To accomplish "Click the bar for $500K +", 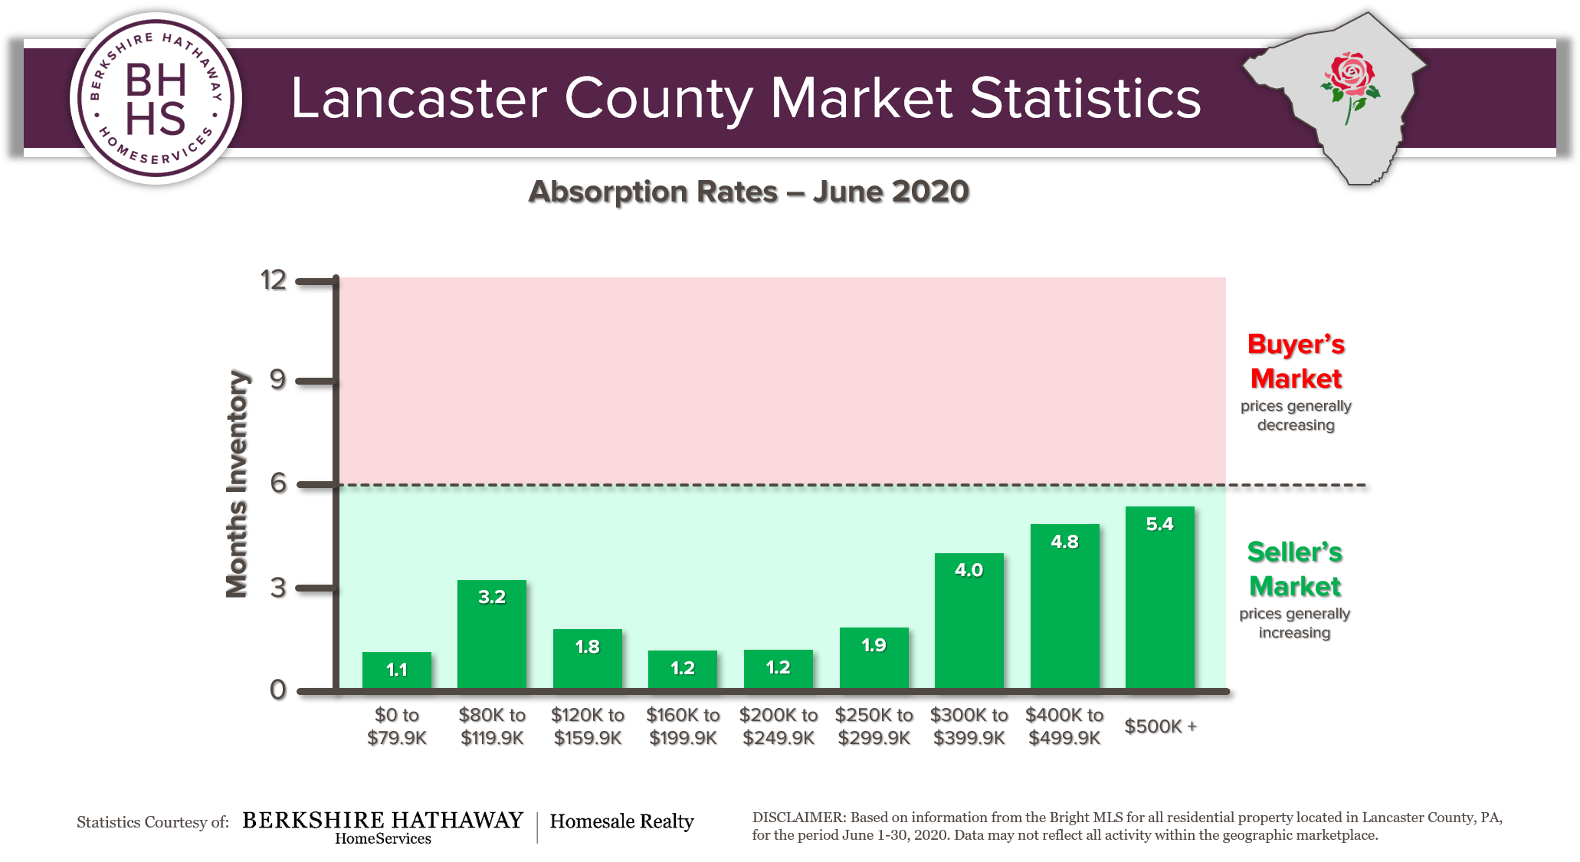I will pos(1159,605).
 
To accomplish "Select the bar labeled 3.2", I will pos(491,640).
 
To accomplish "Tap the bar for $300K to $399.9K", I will pos(969,624).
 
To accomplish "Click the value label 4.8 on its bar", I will pos(1064,542).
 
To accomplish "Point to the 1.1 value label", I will pos(396,670).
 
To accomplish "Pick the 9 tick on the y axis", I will pos(277,380).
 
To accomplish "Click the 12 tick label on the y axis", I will pos(274,280).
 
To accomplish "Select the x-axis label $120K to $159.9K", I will pos(587,726).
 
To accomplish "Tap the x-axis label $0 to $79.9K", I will pos(396,726).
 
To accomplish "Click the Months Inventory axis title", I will pos(238,484).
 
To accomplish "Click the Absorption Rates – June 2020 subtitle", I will pos(749,192).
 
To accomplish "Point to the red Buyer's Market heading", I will pos(1296,361).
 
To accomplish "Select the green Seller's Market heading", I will pos(1294,569).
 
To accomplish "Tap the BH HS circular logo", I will pos(156,99).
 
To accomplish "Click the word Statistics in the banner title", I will pos(1085,99).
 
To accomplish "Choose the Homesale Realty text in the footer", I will pos(621,821).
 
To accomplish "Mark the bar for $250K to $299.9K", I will pos(874,659).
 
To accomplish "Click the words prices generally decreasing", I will pos(1296,415).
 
